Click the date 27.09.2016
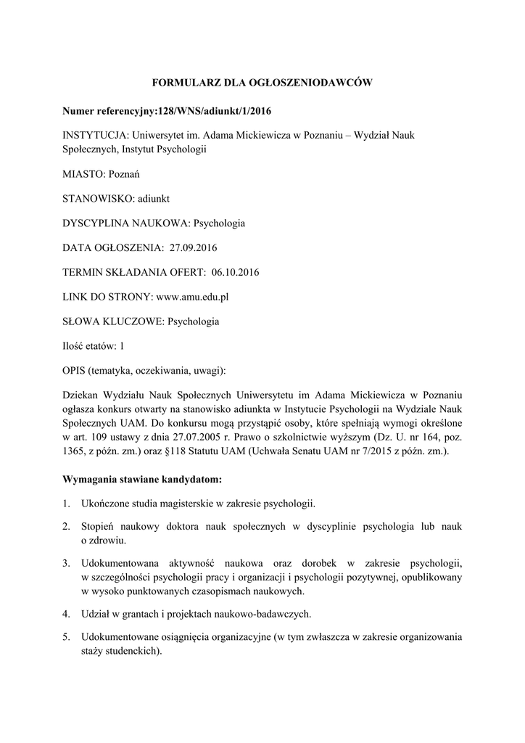coord(194,247)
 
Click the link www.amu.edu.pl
coord(194,297)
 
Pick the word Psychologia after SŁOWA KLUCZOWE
coord(194,321)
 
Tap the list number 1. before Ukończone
coord(66,504)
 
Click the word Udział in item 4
coord(96,614)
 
